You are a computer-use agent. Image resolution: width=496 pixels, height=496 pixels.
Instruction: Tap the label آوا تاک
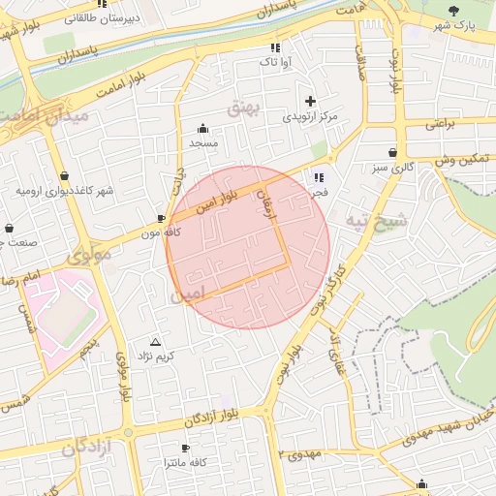(x=273, y=62)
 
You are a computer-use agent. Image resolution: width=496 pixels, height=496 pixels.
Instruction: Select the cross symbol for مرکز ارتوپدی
(x=310, y=101)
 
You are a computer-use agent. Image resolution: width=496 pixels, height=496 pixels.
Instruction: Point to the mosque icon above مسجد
(x=202, y=128)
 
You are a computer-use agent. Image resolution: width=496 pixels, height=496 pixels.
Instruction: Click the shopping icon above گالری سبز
(x=392, y=153)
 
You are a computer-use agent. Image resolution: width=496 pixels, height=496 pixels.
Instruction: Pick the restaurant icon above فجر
(x=319, y=177)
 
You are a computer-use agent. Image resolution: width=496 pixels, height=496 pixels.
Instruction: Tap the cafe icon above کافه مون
(x=161, y=220)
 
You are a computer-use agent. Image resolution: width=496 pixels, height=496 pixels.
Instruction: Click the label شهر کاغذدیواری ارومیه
(x=65, y=190)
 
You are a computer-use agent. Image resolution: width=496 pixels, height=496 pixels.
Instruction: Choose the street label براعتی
(x=440, y=124)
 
